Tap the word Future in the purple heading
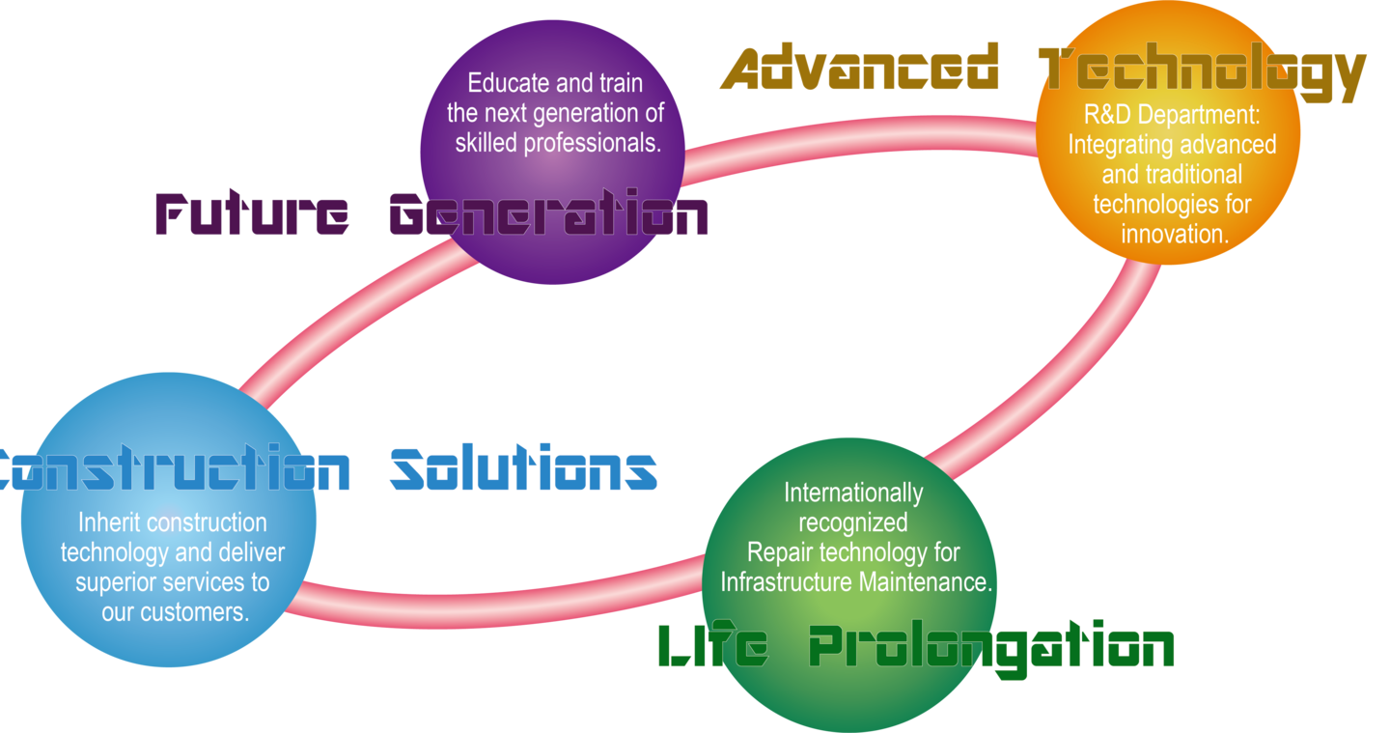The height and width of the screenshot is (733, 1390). (252, 214)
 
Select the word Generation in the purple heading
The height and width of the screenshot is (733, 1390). (548, 214)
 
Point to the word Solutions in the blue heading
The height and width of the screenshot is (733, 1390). (523, 468)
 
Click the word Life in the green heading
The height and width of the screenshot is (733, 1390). (712, 645)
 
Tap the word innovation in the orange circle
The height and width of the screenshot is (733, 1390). (1174, 234)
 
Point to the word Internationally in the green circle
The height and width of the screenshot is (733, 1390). (853, 493)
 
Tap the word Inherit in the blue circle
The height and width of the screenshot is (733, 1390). (108, 522)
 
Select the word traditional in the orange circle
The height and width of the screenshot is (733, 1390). (1195, 175)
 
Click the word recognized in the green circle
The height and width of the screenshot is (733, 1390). (853, 522)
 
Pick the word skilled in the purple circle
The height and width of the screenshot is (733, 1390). (486, 143)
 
